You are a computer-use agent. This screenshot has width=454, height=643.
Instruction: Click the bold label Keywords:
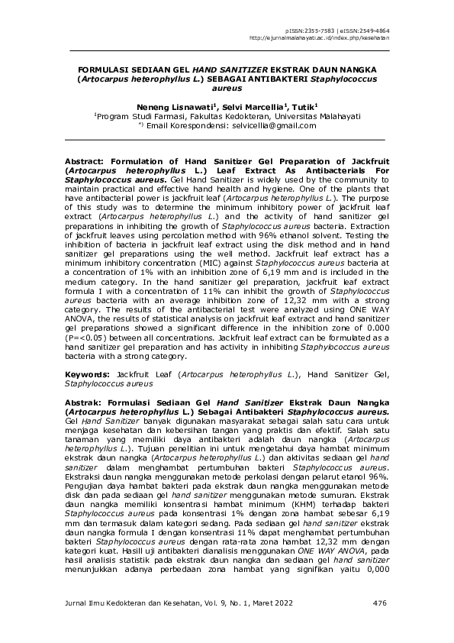[x=89, y=373]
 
